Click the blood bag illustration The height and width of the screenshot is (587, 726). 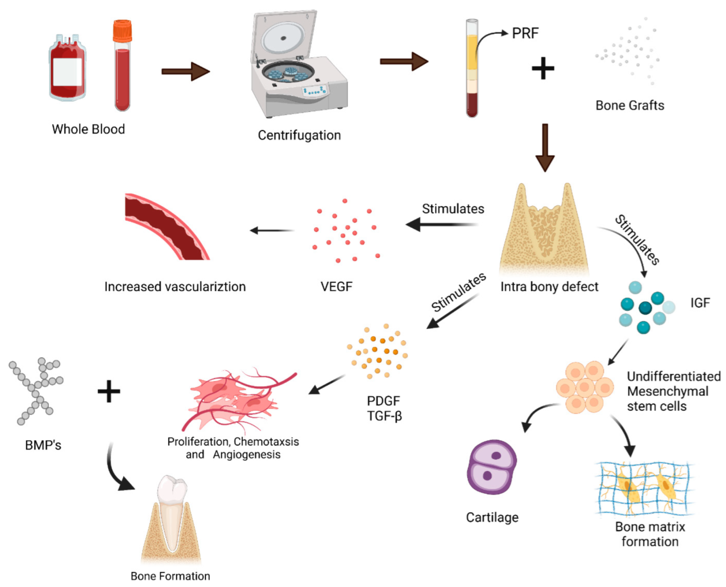point(67,69)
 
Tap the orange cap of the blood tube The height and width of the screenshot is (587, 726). point(122,30)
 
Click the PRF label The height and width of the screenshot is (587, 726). point(525,33)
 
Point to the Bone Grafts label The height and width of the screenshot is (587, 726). point(629,105)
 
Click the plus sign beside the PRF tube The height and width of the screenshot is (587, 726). point(543,69)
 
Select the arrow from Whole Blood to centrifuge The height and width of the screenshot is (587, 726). point(185,72)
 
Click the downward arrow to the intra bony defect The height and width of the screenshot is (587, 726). point(544,148)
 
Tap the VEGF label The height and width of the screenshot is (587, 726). point(336,287)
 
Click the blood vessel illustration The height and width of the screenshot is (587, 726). point(167,227)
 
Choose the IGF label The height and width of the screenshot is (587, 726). point(700,303)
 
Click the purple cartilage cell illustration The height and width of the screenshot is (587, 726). point(492,467)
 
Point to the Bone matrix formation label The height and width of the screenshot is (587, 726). point(650,534)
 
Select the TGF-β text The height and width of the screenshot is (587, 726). point(385,416)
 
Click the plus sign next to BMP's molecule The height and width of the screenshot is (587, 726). point(109,391)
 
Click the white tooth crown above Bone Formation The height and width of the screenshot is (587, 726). point(172,490)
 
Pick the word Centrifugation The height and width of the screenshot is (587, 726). point(299,135)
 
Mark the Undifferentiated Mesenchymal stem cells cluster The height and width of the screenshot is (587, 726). point(584,387)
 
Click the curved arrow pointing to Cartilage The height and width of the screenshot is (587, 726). point(537,415)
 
